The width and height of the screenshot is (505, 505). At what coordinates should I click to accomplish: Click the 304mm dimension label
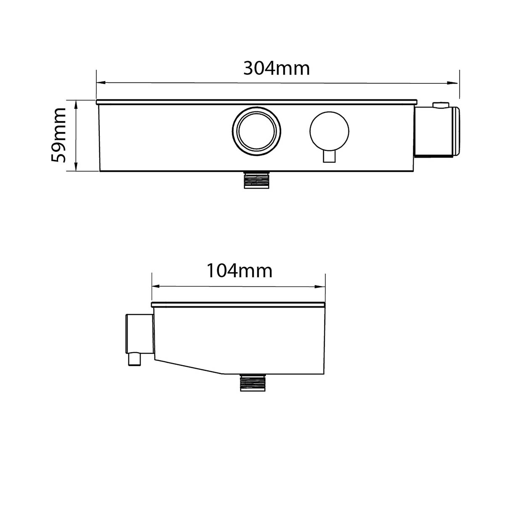[x=276, y=68]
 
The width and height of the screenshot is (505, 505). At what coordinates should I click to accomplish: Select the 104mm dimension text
[x=239, y=271]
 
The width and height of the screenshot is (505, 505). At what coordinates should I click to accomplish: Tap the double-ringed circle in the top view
[x=257, y=130]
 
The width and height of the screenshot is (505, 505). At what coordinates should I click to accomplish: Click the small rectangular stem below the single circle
[x=329, y=156]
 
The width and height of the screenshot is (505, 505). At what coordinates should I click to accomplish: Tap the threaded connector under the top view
[x=256, y=180]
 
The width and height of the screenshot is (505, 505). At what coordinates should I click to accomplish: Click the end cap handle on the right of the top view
[x=438, y=131]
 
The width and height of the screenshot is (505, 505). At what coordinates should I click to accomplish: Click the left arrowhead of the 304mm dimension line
[x=99, y=83]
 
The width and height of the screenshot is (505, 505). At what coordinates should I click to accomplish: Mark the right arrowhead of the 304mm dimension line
[x=456, y=83]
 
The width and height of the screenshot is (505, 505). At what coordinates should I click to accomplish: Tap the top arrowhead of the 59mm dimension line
[x=76, y=103]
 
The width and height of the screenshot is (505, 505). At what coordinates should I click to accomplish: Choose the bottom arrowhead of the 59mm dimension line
[x=76, y=168]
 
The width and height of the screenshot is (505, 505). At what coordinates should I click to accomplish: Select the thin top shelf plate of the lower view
[x=238, y=304]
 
